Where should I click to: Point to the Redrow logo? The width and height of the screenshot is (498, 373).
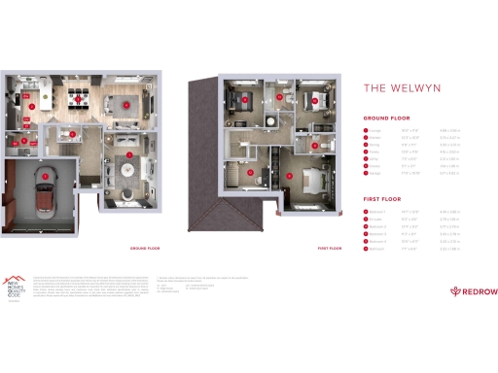pos(470,290)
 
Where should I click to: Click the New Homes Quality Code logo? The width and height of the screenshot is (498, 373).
pos(18,283)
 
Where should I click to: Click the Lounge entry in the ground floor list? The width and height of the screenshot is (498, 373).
pos(375,130)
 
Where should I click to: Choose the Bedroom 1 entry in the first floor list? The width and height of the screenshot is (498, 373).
pos(377,211)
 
